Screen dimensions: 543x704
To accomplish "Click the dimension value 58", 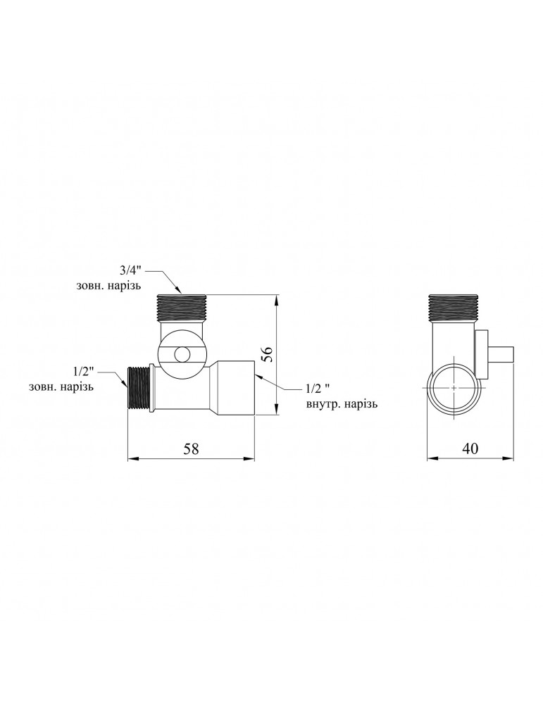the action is (x=192, y=448).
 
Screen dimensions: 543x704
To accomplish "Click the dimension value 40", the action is (x=470, y=448).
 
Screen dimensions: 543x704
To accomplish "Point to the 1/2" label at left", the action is (x=84, y=372).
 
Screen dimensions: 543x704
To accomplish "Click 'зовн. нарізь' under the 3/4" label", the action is (x=109, y=286).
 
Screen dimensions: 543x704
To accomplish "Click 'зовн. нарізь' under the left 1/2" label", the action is (x=61, y=386).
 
